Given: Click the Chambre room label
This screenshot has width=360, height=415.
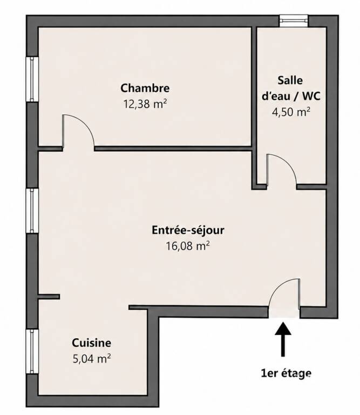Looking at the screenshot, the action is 145,89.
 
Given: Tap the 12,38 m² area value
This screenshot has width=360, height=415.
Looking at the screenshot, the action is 145,104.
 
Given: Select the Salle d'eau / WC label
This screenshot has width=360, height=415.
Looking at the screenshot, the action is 291,88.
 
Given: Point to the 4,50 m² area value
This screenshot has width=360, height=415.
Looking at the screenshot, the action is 291,112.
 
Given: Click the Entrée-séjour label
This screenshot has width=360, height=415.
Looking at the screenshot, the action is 188,230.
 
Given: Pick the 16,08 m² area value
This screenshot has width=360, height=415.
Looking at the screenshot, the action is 188,246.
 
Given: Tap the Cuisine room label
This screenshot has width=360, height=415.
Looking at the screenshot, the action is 91,343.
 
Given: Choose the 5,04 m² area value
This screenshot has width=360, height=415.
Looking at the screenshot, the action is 91,359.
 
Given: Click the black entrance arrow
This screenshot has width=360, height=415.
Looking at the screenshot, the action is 283,339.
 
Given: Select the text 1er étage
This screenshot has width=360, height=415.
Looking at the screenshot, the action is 286,373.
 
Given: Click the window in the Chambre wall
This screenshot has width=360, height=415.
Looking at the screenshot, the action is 32,79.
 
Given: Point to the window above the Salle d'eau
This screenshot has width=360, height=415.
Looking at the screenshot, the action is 294,21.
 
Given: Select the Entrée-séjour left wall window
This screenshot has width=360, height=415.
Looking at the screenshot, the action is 32,211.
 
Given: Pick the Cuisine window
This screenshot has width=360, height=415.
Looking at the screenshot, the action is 32,351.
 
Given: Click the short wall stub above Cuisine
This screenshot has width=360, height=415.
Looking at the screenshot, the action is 49,297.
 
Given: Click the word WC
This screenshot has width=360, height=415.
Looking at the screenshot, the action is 311,96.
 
